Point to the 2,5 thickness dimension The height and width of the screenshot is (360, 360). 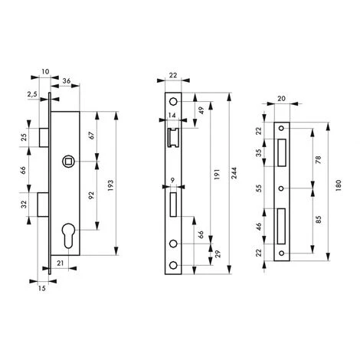point(31,95)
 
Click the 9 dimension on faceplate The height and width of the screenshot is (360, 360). point(174,182)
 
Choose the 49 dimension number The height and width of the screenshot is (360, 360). point(201,110)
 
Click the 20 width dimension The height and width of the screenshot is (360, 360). point(282,99)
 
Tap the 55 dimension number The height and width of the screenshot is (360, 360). point(258,187)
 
